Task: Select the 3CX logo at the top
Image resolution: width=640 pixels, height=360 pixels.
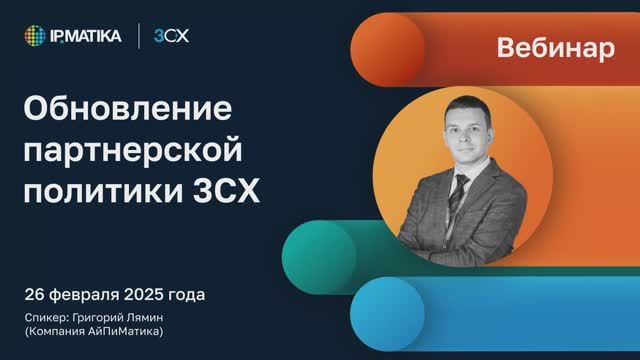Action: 171,37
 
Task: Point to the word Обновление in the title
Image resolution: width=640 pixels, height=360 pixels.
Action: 126,108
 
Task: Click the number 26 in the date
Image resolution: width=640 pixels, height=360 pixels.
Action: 35,295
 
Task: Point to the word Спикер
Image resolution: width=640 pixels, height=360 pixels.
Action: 47,317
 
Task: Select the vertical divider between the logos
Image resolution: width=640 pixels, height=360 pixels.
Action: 138,37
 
